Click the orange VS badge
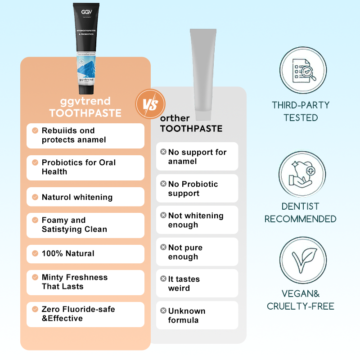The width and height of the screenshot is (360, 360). click(x=149, y=104)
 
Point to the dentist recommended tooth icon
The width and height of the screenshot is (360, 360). click(x=300, y=173)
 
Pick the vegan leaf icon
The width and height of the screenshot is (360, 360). click(x=300, y=260)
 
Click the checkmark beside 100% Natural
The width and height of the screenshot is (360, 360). click(x=35, y=253)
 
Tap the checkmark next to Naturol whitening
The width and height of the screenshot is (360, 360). click(x=35, y=197)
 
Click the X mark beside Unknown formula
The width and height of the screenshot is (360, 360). click(x=163, y=311)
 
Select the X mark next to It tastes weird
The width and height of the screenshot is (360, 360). click(x=163, y=279)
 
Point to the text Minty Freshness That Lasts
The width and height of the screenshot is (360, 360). click(x=75, y=282)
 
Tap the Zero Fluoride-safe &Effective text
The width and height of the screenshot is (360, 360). click(x=78, y=314)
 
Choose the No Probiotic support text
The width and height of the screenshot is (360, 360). click(x=193, y=189)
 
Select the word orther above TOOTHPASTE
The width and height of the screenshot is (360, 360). click(x=175, y=118)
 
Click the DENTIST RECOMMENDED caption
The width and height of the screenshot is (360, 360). click(x=300, y=213)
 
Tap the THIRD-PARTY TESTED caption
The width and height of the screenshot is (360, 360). click(x=300, y=112)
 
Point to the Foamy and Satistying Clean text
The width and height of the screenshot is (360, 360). click(x=74, y=225)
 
